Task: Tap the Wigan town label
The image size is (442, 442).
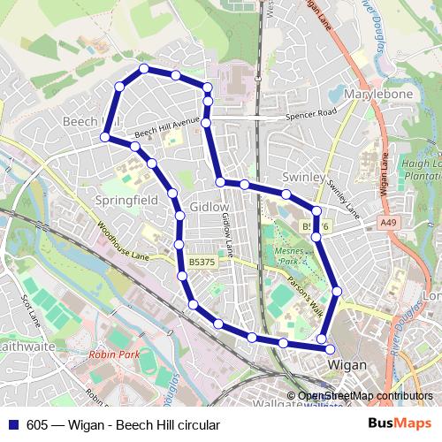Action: click(x=347, y=363)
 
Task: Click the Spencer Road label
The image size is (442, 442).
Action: click(x=311, y=115)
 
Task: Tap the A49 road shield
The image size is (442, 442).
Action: click(x=390, y=225)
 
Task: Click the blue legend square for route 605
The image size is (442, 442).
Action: click(x=11, y=424)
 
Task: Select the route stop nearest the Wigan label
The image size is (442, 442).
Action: click(x=322, y=339)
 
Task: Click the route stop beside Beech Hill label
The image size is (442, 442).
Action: click(x=105, y=137)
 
